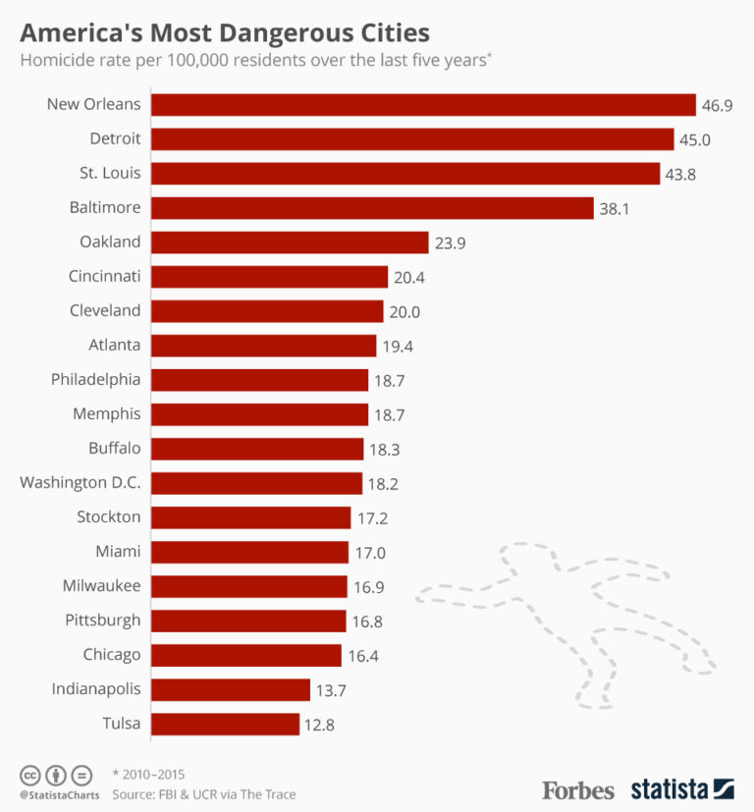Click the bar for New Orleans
(423, 104)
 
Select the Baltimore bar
(372, 207)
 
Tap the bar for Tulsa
(225, 724)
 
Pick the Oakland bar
(290, 242)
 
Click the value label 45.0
(694, 139)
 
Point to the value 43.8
(680, 174)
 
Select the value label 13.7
(331, 689)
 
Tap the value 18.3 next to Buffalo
(384, 449)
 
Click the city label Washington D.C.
(81, 482)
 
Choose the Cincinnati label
(104, 276)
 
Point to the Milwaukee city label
(103, 585)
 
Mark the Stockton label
(108, 516)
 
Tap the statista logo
(681, 788)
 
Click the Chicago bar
(246, 655)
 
